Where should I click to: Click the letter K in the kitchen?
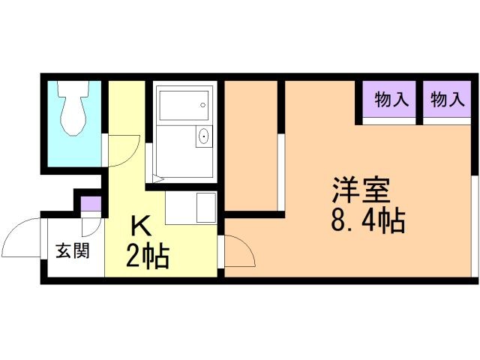click(141, 226)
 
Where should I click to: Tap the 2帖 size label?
click(146, 256)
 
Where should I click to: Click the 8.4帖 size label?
click(367, 221)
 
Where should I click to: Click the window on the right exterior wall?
click(474, 225)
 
